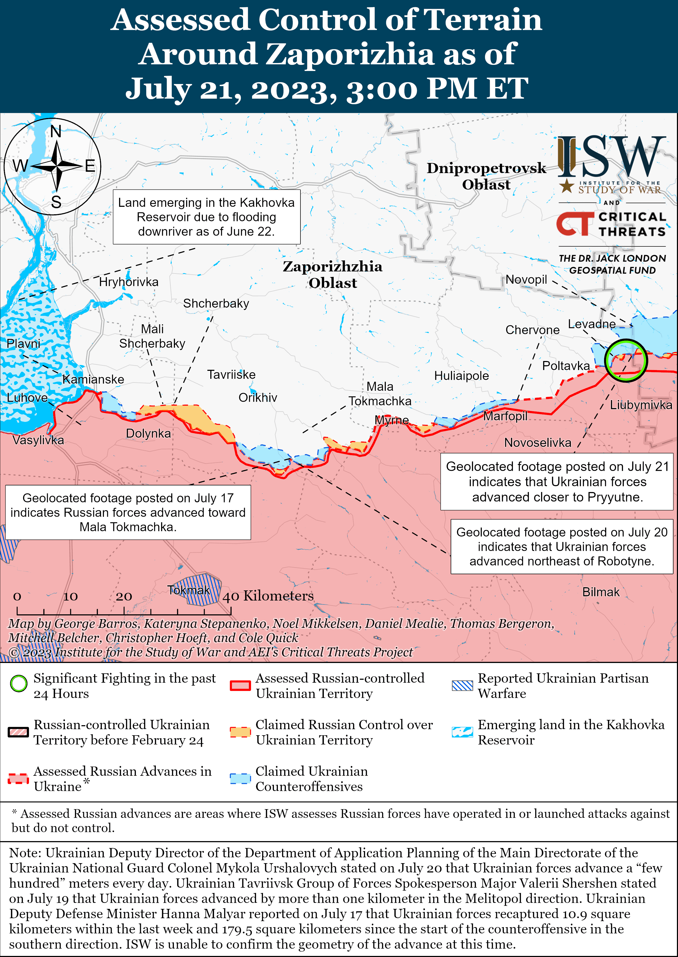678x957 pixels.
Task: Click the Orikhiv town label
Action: click(258, 397)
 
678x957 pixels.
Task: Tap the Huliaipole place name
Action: click(461, 376)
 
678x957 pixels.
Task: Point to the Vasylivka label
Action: click(38, 440)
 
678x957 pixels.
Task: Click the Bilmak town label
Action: click(601, 592)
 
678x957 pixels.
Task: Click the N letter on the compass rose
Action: click(56, 132)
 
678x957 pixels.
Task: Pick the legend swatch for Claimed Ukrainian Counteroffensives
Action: click(240, 778)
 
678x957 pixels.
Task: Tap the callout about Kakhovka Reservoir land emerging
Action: click(206, 217)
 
